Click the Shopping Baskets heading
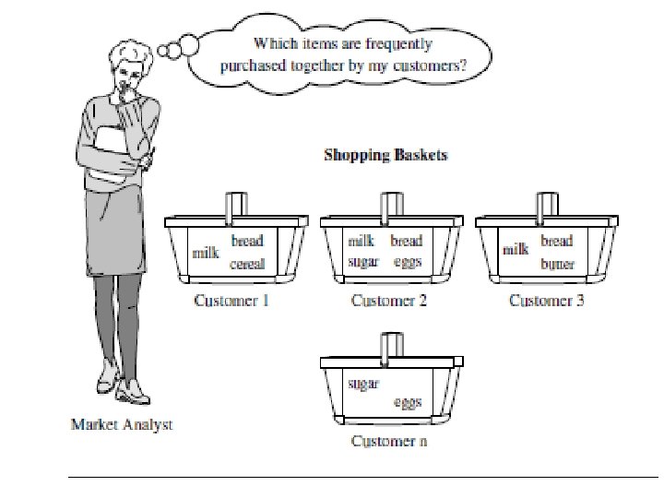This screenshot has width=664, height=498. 385,155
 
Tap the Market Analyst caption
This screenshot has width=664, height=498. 122,425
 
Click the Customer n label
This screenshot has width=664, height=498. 389,441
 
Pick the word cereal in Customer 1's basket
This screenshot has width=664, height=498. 247,264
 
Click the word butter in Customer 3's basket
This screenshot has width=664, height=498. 557,264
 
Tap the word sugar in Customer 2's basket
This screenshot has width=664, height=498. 363,262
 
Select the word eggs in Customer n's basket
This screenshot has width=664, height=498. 408,402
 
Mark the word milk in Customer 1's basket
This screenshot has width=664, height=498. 205,252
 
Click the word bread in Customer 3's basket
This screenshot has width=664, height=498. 557,242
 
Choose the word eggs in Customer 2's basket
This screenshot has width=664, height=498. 408,263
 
